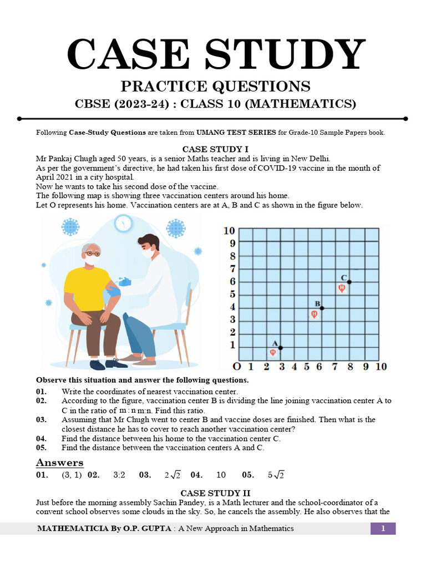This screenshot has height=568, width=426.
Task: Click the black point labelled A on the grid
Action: pyautogui.click(x=281, y=348)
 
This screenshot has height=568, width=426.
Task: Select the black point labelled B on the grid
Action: pyautogui.click(x=322, y=308)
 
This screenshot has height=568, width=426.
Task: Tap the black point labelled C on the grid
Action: pyautogui.click(x=349, y=282)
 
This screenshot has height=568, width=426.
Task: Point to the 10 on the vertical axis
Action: pyautogui.click(x=229, y=231)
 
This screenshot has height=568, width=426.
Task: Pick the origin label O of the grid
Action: pyautogui.click(x=237, y=367)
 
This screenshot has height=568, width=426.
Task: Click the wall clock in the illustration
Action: pyautogui.click(x=123, y=224)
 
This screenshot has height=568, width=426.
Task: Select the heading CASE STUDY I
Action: pyautogui.click(x=215, y=149)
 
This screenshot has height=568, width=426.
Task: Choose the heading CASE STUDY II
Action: pyautogui.click(x=216, y=493)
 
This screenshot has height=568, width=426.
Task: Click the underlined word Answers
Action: pyautogui.click(x=59, y=463)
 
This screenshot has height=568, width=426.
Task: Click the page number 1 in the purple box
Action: pyautogui.click(x=383, y=529)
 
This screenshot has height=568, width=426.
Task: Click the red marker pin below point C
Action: pyautogui.click(x=342, y=288)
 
